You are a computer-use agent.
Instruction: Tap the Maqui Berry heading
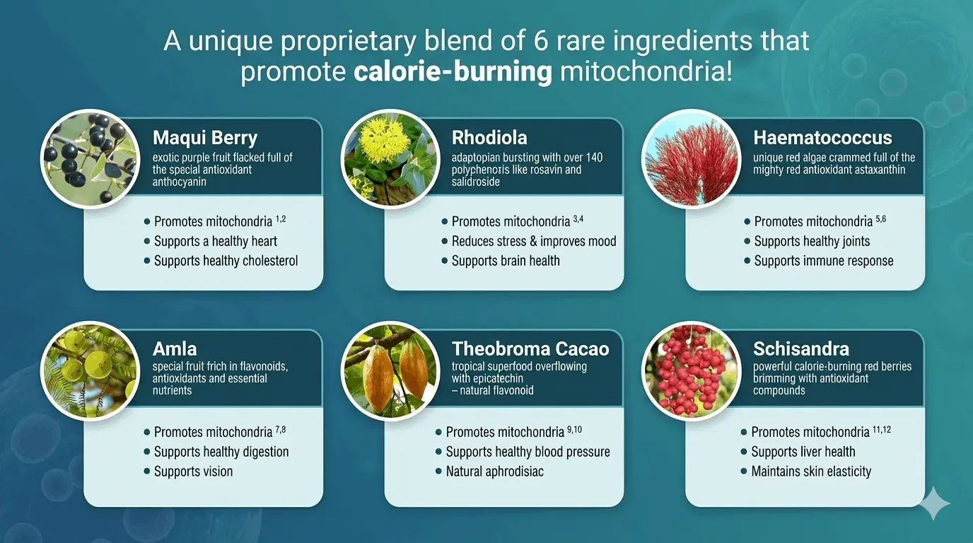[x=205, y=137]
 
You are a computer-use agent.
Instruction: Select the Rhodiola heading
[x=489, y=137]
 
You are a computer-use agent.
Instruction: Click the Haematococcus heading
[x=822, y=137]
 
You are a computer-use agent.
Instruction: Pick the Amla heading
[x=175, y=349]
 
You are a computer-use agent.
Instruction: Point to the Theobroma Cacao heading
[x=530, y=349]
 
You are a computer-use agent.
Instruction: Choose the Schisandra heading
[x=801, y=349]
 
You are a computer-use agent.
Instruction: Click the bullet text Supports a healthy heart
[x=216, y=241]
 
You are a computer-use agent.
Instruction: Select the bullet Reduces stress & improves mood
[x=534, y=241]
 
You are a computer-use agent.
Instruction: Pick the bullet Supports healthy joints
[x=812, y=241]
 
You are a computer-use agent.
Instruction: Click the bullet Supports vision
[x=193, y=472]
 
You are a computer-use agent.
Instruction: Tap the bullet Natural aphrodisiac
[x=495, y=472]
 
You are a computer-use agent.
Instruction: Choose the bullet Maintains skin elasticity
[x=811, y=472]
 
